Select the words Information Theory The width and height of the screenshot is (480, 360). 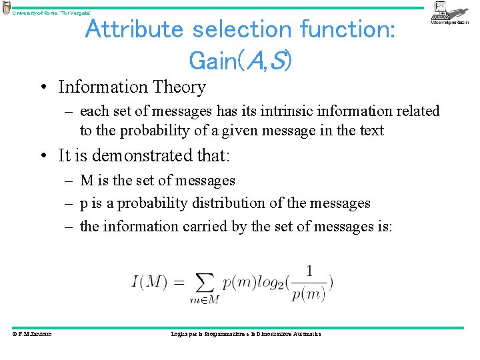[132, 87]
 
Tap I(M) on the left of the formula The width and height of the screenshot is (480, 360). [149, 282]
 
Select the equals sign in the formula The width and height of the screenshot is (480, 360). [178, 282]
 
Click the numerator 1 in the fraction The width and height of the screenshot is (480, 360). [308, 271]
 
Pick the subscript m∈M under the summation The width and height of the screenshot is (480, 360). [204, 301]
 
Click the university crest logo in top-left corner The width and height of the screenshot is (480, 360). [7, 7]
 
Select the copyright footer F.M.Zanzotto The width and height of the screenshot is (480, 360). [33, 333]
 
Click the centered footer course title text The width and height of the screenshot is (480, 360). [246, 333]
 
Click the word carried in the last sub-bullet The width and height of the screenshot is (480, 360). [204, 227]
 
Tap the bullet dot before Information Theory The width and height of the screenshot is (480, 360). [44, 87]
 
